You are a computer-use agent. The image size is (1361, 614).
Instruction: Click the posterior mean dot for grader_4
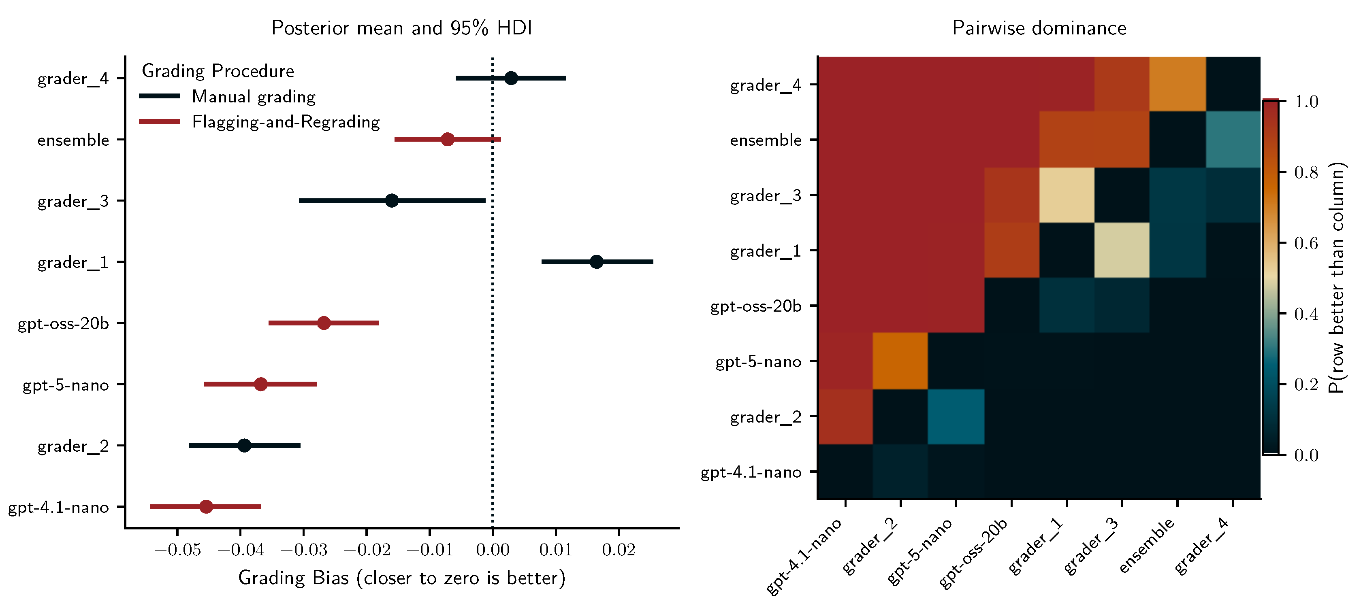point(511,78)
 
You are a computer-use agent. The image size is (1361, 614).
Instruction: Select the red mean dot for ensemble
point(448,139)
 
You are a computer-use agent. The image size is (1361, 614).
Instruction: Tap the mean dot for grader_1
point(597,262)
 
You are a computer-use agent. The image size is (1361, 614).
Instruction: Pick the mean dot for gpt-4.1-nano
point(206,507)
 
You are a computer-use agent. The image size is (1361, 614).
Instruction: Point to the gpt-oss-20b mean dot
point(324,323)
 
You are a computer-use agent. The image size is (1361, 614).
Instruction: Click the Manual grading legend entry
point(253,97)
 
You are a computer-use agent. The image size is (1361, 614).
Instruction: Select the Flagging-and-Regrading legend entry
point(285,122)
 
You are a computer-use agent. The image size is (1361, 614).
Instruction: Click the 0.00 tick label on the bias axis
point(493,550)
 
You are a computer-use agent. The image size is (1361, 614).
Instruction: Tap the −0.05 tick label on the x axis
point(177,550)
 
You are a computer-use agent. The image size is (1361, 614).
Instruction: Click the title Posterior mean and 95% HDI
point(401,28)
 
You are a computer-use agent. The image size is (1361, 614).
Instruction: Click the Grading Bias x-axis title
point(401,578)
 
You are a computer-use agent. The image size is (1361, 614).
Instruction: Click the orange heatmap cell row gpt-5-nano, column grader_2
point(900,361)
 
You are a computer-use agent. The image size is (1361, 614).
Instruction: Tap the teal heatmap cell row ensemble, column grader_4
point(1233,139)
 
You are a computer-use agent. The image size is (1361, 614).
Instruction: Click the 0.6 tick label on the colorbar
point(1306,243)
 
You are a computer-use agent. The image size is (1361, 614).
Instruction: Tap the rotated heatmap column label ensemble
point(1146,546)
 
